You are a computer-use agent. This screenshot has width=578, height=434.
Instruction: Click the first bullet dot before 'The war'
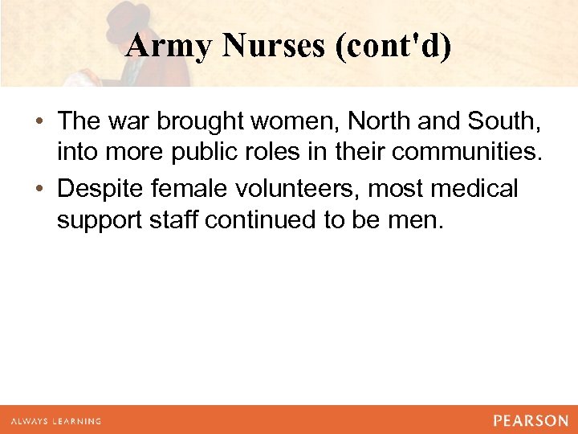(39, 122)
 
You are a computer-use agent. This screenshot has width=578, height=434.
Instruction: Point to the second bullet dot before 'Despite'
(39, 190)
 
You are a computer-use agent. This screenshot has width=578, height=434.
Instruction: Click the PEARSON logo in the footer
(531, 420)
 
